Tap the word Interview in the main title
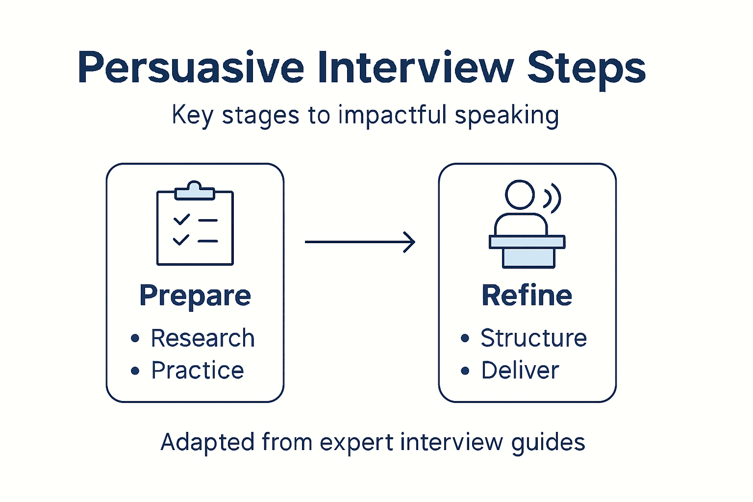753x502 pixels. [x=416, y=68]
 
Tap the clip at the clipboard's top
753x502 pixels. [x=195, y=190]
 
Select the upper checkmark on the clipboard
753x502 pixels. [x=181, y=219]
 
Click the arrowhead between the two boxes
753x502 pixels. [x=409, y=242]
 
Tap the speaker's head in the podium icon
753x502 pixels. [x=520, y=195]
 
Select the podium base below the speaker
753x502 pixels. [x=528, y=257]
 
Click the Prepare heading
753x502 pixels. [x=195, y=296]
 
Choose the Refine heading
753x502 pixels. [x=527, y=296]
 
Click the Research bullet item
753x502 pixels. [x=202, y=338]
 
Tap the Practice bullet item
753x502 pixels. [x=197, y=371]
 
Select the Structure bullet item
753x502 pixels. [x=533, y=338]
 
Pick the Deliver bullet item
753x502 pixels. [x=520, y=371]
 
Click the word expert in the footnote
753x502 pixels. [x=356, y=442]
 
